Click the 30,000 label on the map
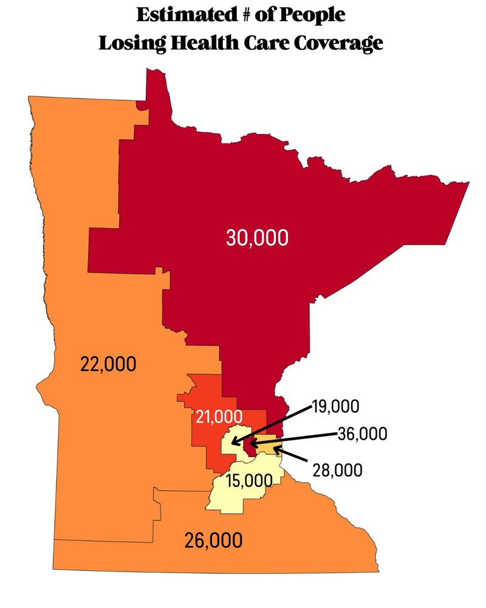coord(257,238)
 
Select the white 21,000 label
coord(219,416)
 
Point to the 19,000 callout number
coord(336,406)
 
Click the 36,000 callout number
coord(363,434)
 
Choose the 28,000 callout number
coord(338,470)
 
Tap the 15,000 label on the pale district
coord(248,482)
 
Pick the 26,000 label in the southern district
coord(213,539)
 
